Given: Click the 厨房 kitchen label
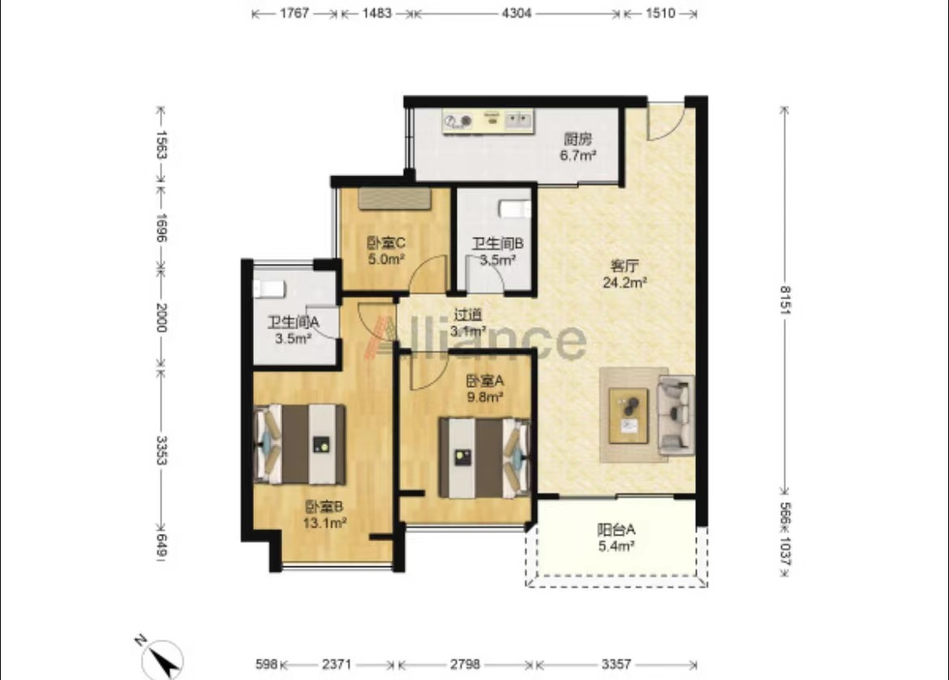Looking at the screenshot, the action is click(578, 140).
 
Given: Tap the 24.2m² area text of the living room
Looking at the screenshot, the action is click(625, 282).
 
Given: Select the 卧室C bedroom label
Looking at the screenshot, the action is click(386, 243).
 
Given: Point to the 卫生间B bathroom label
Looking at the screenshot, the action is click(497, 244).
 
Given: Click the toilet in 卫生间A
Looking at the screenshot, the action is click(268, 289).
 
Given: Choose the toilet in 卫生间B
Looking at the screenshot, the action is click(514, 209).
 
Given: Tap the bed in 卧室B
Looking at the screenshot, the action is click(300, 445).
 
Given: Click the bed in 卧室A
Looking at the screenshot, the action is click(484, 457).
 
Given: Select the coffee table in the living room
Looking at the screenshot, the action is click(629, 415).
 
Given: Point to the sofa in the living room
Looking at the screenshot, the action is click(676, 415).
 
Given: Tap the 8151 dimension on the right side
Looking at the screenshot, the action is click(784, 300).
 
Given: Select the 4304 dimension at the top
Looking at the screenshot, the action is click(516, 13).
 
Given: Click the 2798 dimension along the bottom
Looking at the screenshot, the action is click(465, 665).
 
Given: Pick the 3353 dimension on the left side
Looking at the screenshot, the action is click(161, 450).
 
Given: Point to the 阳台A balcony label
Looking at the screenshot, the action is click(616, 530).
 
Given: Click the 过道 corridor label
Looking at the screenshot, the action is click(468, 315).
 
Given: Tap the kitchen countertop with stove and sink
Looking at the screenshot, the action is click(487, 121).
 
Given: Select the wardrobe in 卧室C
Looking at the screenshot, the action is click(395, 199).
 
